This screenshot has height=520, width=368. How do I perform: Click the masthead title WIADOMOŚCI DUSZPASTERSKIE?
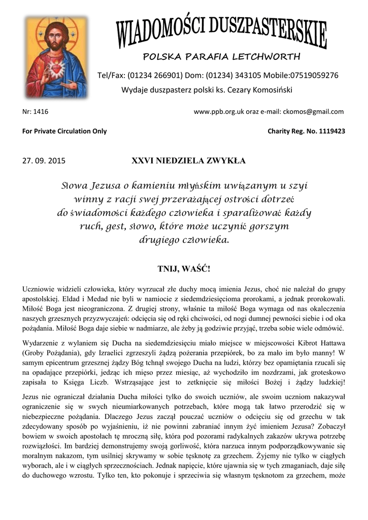pyautogui.click(x=222, y=30)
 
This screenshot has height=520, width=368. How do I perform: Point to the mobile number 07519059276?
pyautogui.click(x=314, y=75)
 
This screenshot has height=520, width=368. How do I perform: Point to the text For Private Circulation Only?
pyautogui.click(x=64, y=131)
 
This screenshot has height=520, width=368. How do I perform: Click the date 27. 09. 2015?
pyautogui.click(x=44, y=161)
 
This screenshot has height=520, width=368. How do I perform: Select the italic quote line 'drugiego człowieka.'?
pyautogui.click(x=184, y=240)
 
